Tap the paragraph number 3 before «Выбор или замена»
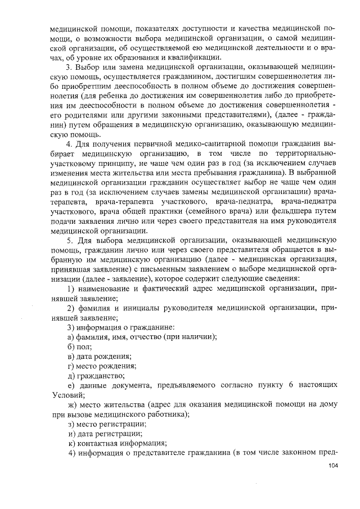(69, 67)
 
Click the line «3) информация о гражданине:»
(120, 327)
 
